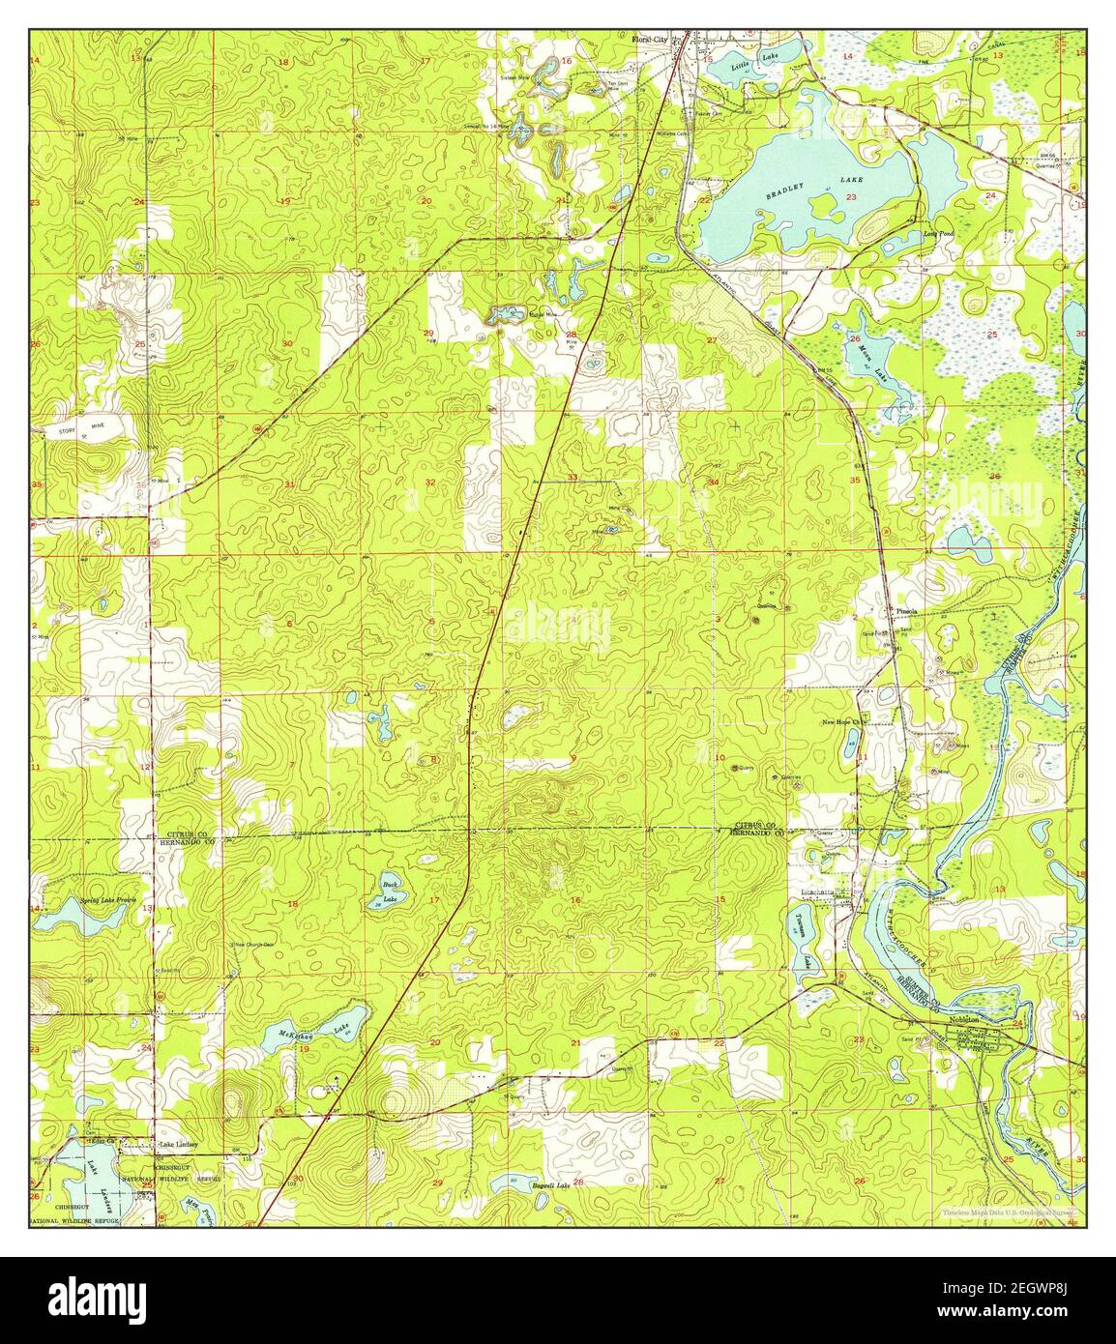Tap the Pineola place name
click(x=906, y=611)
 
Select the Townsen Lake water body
click(x=804, y=936)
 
